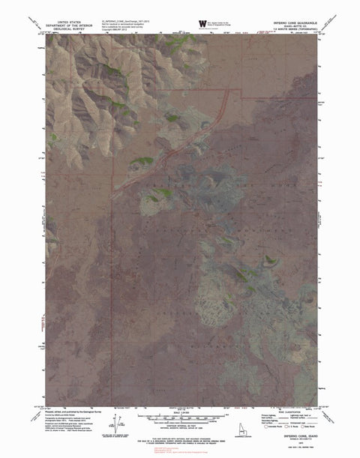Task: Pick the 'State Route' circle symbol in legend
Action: click(302, 426)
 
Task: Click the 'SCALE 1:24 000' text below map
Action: click(181, 415)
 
